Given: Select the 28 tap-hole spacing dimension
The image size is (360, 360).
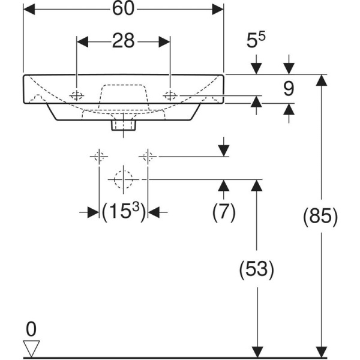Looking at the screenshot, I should coord(123,41).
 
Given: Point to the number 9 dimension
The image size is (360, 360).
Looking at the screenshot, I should coord(288,89).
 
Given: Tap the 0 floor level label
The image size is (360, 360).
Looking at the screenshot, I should coord(31,328).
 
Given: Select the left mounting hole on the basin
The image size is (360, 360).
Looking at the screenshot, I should coord(77,95).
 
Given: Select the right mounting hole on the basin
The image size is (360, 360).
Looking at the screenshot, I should coord(170,95).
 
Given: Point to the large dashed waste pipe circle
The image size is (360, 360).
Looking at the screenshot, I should coord(123,179).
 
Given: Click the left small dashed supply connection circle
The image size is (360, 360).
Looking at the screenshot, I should coord(99,157).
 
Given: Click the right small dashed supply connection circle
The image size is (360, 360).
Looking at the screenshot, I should coord(148,157).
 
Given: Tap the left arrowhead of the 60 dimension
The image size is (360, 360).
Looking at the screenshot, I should coord(28,10).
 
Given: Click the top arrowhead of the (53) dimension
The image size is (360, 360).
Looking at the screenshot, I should coord(257,185).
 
